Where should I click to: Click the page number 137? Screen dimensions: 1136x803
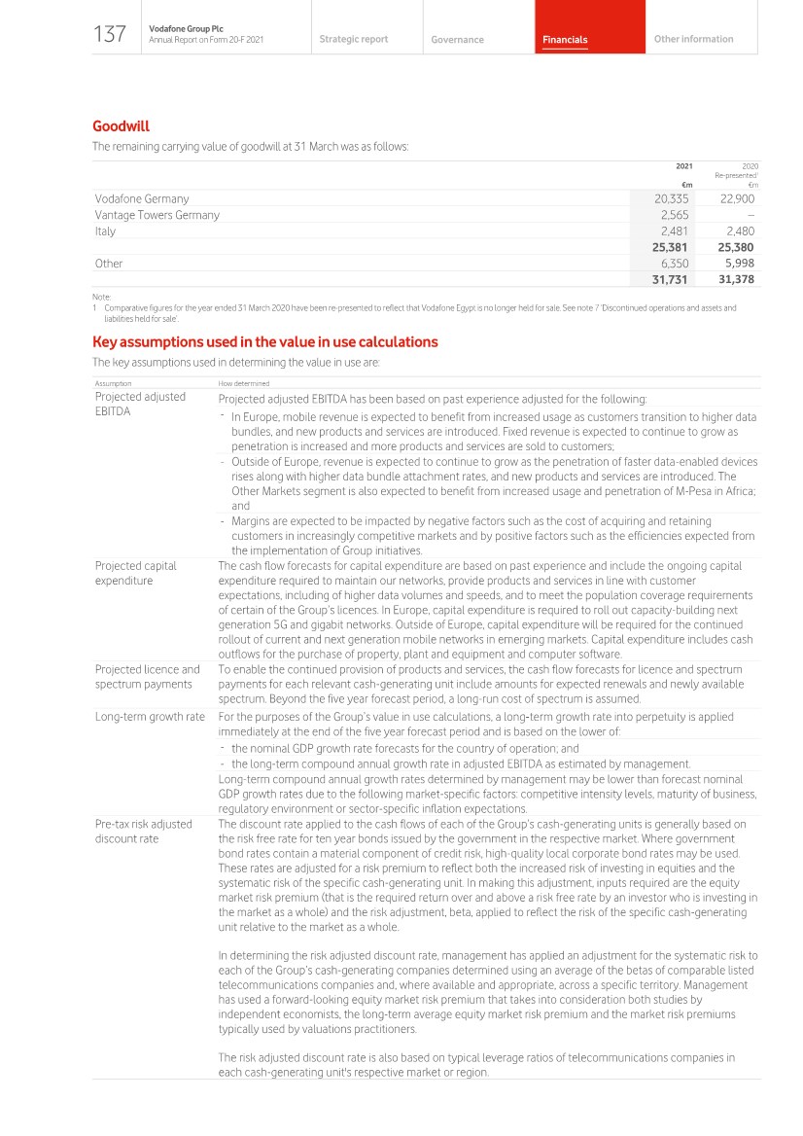click(x=110, y=35)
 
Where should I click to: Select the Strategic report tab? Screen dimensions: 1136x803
click(x=353, y=39)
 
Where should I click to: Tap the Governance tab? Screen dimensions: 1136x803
click(x=457, y=40)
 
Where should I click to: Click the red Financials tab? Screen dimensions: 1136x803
click(x=565, y=40)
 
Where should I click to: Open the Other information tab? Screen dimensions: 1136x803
click(x=693, y=39)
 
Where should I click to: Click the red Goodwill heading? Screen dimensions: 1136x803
click(x=121, y=126)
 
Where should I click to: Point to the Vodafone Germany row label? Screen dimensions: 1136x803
click(x=142, y=198)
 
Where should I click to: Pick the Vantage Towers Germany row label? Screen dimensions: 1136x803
click(x=157, y=215)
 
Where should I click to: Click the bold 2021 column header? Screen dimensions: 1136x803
click(x=683, y=166)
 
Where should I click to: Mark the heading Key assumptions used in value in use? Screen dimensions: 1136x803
click(x=264, y=342)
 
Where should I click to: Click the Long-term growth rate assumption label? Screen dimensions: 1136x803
click(x=150, y=717)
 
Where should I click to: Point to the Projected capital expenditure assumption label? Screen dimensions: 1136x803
click(x=135, y=573)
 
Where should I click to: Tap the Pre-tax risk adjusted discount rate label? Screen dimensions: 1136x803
click(x=143, y=831)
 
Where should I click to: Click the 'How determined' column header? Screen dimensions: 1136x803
click(x=244, y=384)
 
